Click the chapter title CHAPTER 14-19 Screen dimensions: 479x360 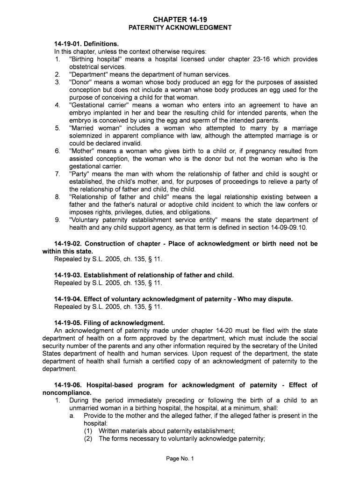click(x=180, y=19)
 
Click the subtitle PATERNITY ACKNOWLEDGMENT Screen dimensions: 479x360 click(x=180, y=28)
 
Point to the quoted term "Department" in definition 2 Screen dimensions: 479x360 click(x=91, y=74)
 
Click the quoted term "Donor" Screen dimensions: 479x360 click(x=81, y=82)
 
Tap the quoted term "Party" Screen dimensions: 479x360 click(x=80, y=174)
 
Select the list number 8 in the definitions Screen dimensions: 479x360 click(x=57, y=197)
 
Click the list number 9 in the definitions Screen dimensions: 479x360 click(x=57, y=220)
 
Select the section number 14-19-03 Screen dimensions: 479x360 click(x=68, y=276)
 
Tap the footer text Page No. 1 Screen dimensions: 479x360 click(x=180, y=459)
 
